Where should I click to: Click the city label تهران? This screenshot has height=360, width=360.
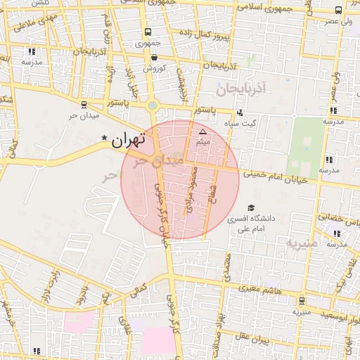pos(128,140)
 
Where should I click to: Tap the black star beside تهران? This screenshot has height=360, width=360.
pos(105,138)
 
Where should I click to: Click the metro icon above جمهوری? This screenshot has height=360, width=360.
pos(148,32)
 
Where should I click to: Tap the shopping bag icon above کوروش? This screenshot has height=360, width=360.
pos(154,58)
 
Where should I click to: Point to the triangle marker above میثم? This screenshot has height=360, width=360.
pos(203,131)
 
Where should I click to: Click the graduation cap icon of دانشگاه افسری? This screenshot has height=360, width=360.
pos(251,208)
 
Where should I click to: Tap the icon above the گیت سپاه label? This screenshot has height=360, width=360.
pos(240,112)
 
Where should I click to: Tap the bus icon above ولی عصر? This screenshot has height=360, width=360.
pos(339,11)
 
